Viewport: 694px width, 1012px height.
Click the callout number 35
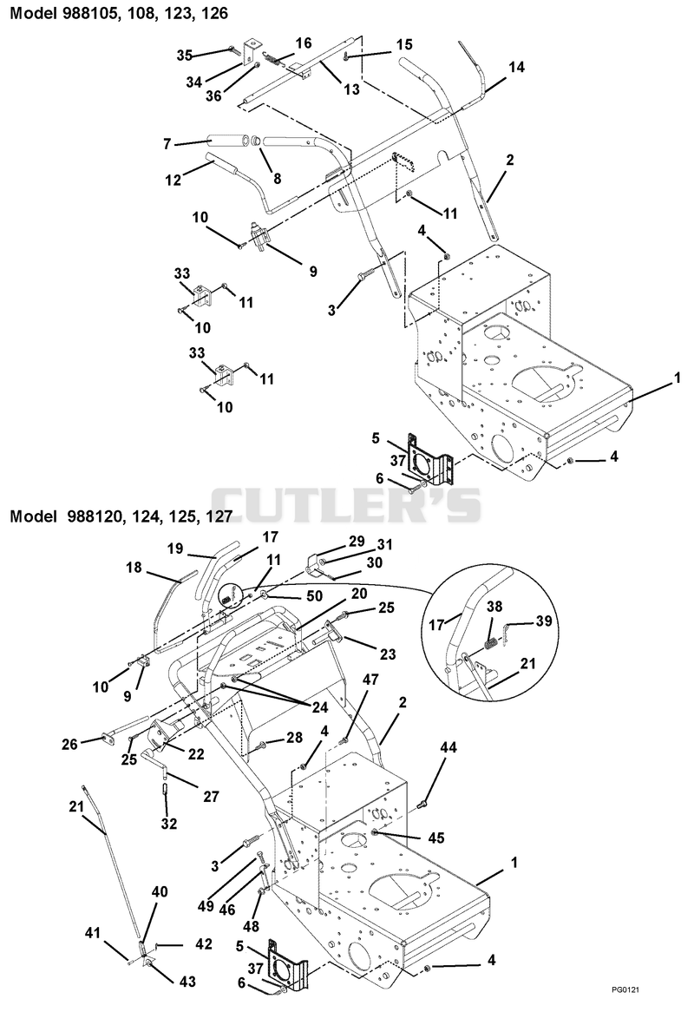(185, 56)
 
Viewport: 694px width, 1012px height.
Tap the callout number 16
(304, 43)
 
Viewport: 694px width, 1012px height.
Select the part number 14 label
(517, 67)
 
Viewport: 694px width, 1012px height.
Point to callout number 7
(167, 144)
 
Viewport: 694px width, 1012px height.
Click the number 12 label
(173, 180)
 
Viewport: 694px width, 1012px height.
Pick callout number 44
(448, 747)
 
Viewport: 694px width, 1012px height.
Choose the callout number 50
(314, 596)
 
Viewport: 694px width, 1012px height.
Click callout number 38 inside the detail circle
(494, 608)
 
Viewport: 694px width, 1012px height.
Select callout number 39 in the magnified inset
(544, 621)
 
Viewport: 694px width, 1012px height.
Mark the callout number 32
(169, 824)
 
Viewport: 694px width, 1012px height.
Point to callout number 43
(187, 981)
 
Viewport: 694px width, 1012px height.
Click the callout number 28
(295, 737)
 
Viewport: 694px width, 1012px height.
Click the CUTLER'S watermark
(347, 503)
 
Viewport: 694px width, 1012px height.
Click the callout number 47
(370, 680)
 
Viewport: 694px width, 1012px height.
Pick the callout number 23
(388, 654)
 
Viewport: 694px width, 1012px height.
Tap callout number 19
(175, 549)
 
